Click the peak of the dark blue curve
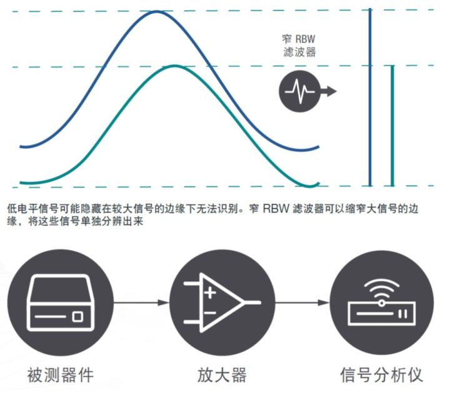(156, 11)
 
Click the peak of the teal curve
(175, 66)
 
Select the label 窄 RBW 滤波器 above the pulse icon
(299, 45)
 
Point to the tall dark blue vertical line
(370, 97)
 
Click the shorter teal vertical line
(392, 125)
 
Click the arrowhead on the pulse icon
(331, 92)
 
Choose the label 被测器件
(61, 376)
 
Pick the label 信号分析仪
(381, 376)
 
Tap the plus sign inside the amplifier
(210, 291)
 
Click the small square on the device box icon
(77, 317)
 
